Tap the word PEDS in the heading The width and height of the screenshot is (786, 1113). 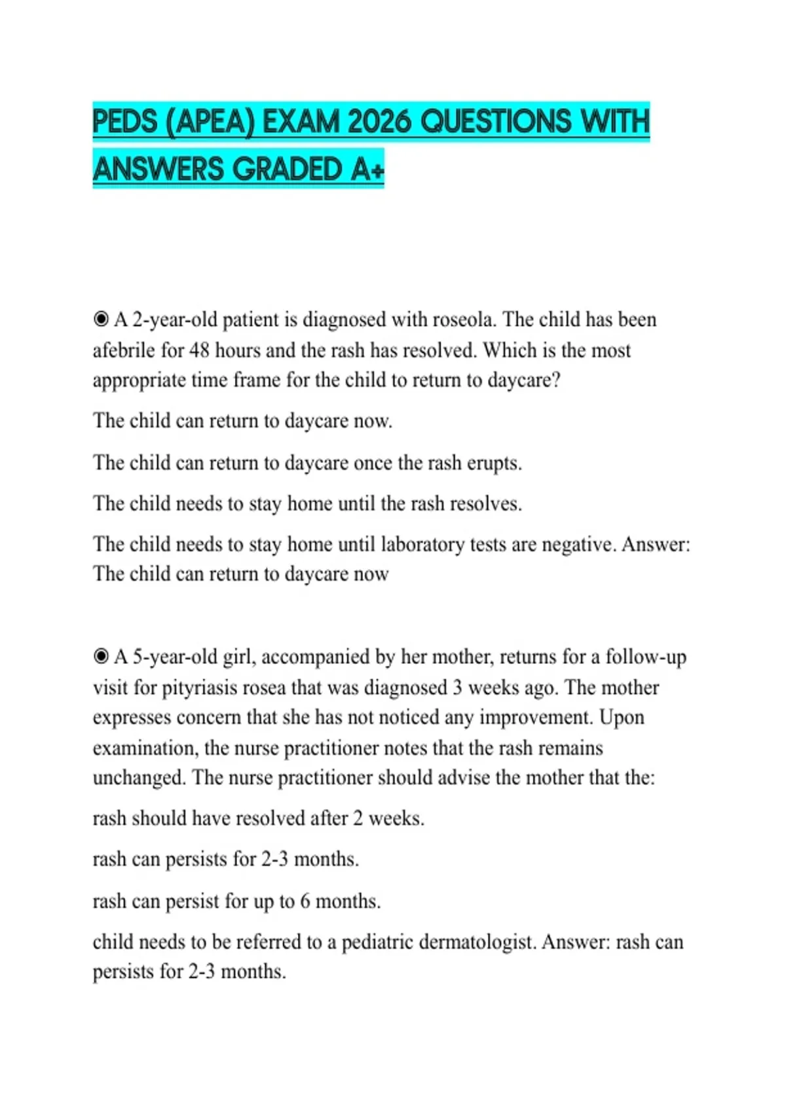coord(125,122)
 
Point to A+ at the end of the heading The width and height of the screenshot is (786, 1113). coord(367,170)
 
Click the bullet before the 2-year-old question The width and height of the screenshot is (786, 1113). coord(101,319)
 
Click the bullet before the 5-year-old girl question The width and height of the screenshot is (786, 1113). coord(101,657)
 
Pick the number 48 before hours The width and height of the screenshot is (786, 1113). coord(199,350)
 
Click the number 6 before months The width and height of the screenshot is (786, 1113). coord(305,902)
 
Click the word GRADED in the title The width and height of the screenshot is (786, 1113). coord(288,170)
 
